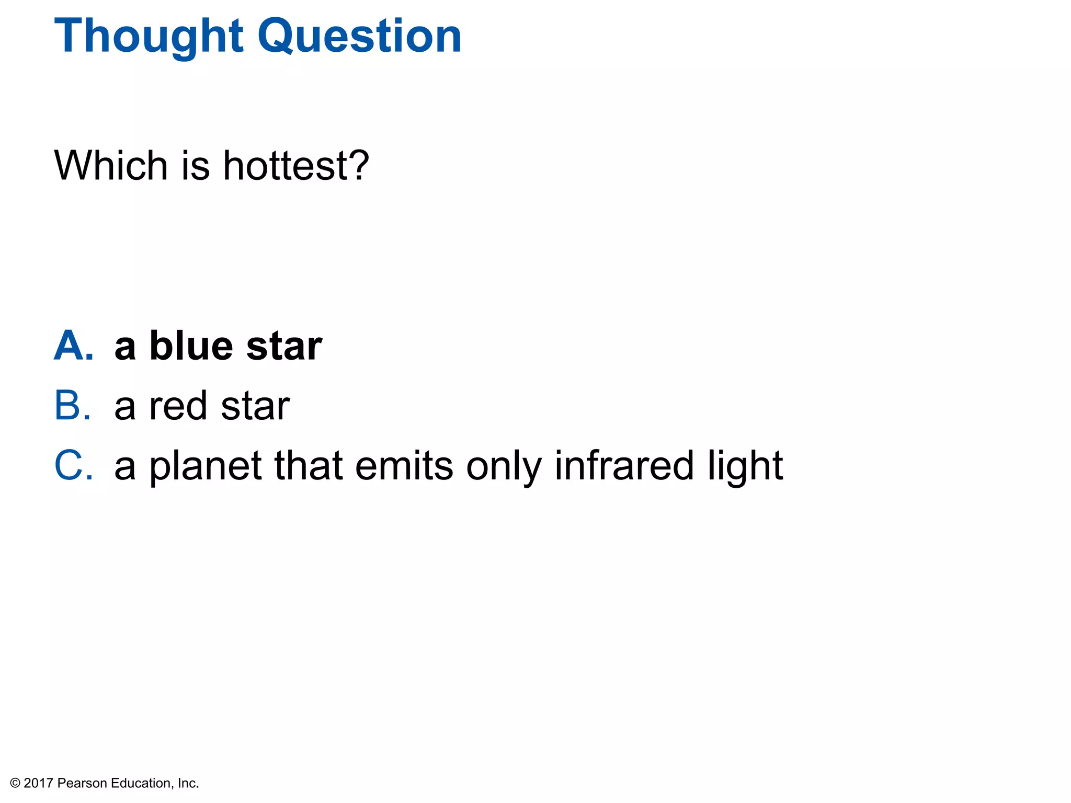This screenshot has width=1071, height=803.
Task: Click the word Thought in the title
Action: pos(149,37)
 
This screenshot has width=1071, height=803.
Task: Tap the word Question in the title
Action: pos(360,37)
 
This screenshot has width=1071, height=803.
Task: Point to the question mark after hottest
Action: pos(359,166)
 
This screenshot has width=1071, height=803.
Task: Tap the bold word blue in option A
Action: pos(191,346)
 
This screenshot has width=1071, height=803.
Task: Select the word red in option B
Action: pos(178,406)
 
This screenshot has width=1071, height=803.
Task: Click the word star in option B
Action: pos(255,407)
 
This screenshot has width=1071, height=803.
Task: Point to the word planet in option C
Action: pos(205,466)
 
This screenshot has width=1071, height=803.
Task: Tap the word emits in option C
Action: pos(404,466)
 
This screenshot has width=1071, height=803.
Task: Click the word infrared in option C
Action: pos(624,465)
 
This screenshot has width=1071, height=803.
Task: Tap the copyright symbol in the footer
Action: pos(15,783)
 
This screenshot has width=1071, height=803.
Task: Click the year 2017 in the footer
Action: pos(39,783)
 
